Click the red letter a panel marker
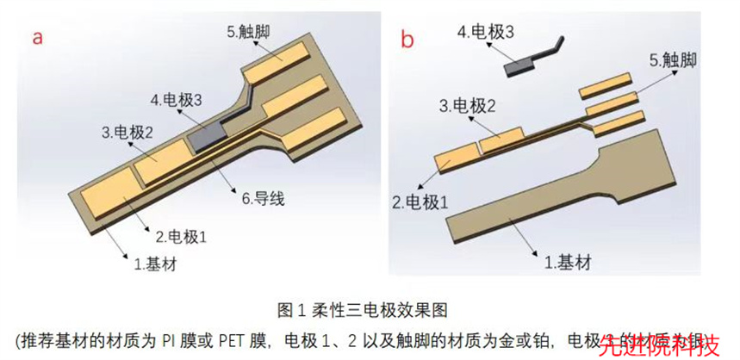pos(38,37)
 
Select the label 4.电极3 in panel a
pos(176,101)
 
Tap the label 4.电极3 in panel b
pos(487,33)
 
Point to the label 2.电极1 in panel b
pos(420,202)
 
